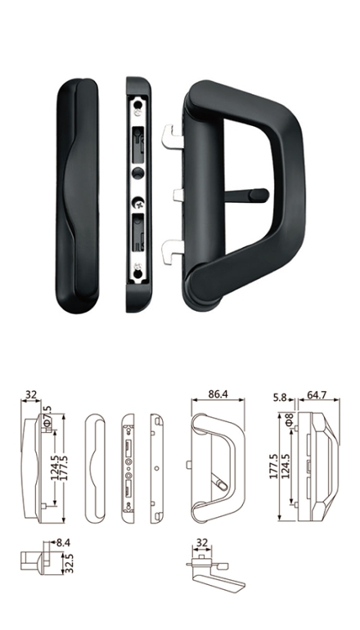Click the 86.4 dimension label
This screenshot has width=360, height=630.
218,394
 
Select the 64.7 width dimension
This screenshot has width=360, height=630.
317,395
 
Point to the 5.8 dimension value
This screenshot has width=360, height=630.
280,398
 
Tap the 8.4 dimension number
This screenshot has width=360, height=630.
64,542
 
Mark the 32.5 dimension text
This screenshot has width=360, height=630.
69,563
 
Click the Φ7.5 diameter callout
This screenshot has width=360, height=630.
47,416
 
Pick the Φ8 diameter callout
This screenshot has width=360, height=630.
289,419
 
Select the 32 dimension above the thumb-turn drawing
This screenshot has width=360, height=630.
202,542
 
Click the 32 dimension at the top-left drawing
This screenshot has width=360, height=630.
31,394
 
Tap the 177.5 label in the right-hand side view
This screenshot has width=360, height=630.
274,466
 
